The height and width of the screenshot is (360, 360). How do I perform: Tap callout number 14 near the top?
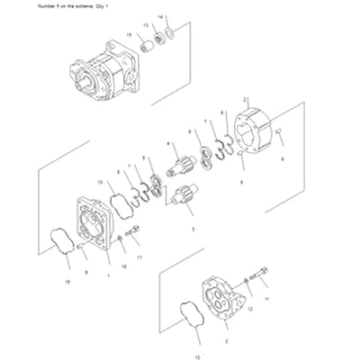161,17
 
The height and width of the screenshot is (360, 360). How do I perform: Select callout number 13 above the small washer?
147,26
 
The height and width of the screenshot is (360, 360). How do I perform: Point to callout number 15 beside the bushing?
129,34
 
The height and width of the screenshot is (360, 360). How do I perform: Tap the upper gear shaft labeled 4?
178,166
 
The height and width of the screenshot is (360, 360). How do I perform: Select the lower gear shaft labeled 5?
185,198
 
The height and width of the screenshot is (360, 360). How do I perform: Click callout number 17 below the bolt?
139,257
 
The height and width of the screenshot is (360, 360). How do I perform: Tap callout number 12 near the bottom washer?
251,309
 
